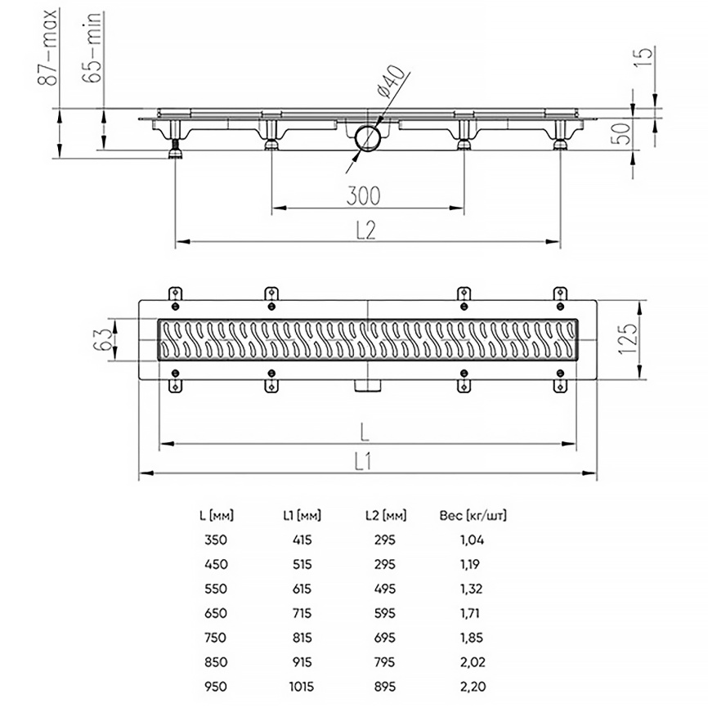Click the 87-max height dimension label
pos(47,47)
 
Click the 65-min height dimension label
pos(92,47)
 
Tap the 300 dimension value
pos(364,195)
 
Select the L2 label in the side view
pos(365,231)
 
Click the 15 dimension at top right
pos(644,57)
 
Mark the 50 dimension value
pos(621,133)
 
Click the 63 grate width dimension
pos(102,339)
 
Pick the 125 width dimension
pos(628,339)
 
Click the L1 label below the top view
pos(362,462)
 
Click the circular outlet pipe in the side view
pos(367,138)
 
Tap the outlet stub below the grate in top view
pos(368,386)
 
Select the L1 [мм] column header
pos(302,515)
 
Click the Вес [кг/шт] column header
pos(473,515)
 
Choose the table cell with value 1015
pos(302,687)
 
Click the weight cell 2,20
pos(473,687)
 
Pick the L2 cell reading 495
pos(385,589)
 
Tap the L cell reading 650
pos(215,613)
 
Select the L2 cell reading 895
pos(385,687)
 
